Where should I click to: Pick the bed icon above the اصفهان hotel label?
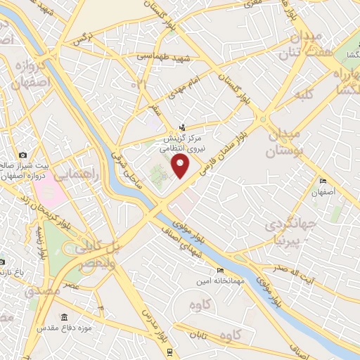[323, 181]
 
